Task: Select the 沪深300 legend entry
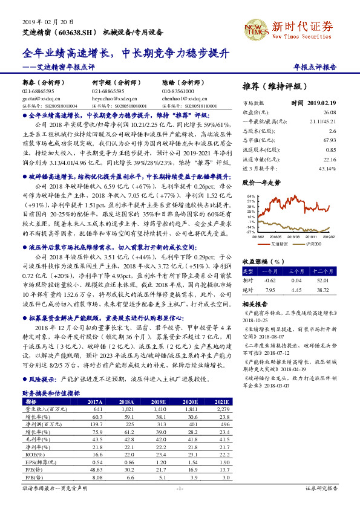pos(312,244)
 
